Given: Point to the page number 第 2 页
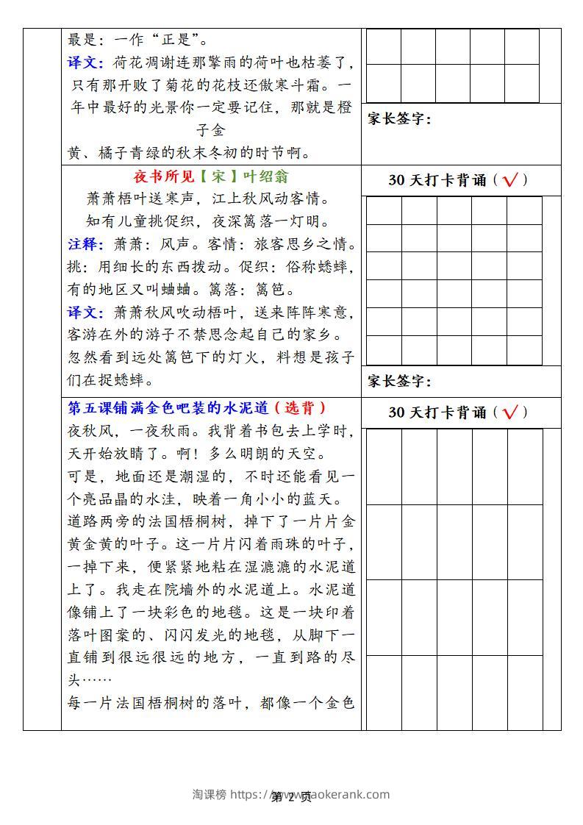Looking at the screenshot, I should pyautogui.click(x=292, y=798).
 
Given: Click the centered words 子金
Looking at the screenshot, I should pyautogui.click(x=211, y=131).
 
